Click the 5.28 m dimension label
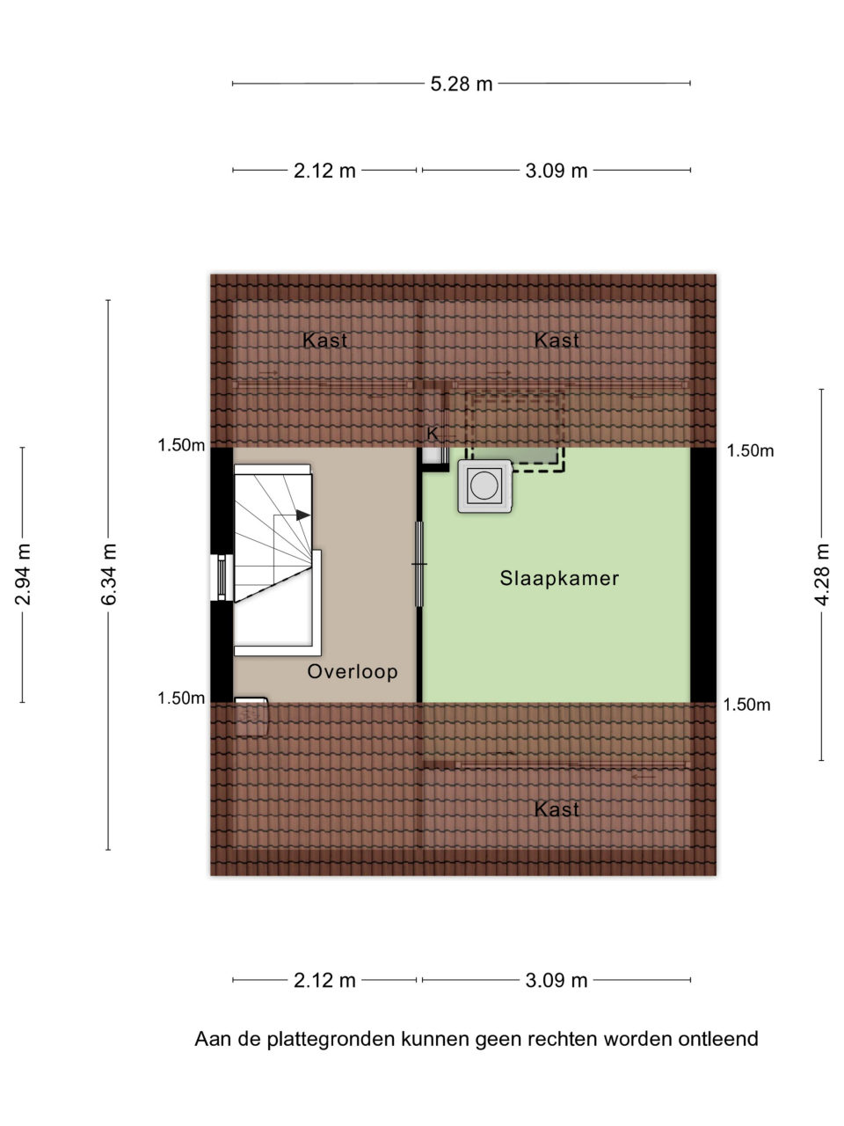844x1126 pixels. (462, 84)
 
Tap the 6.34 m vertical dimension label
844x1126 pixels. (109, 574)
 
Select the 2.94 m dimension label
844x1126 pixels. (23, 574)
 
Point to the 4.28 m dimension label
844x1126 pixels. (821, 574)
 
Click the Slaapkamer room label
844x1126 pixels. (559, 578)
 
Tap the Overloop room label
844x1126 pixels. (352, 671)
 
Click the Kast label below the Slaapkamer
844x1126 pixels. (557, 809)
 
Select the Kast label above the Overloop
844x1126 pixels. (324, 340)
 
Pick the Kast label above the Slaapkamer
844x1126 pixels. (557, 340)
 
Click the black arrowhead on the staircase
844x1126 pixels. (302, 515)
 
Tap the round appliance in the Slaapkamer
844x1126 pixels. (484, 486)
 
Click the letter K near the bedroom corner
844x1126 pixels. (432, 434)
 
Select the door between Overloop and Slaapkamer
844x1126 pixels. (419, 564)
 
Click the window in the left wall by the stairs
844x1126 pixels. (222, 578)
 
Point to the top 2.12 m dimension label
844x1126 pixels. (324, 171)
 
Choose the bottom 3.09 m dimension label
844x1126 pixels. (556, 980)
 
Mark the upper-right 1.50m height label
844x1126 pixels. (750, 451)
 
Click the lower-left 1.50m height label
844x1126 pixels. (181, 698)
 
